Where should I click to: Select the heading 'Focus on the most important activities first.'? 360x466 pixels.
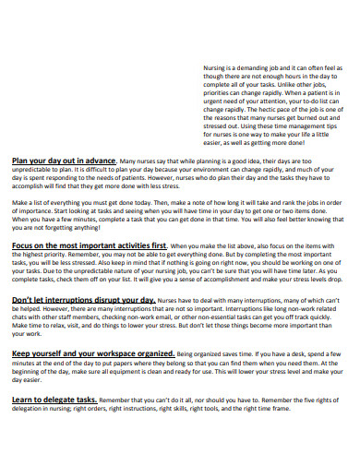(x=90, y=245)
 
